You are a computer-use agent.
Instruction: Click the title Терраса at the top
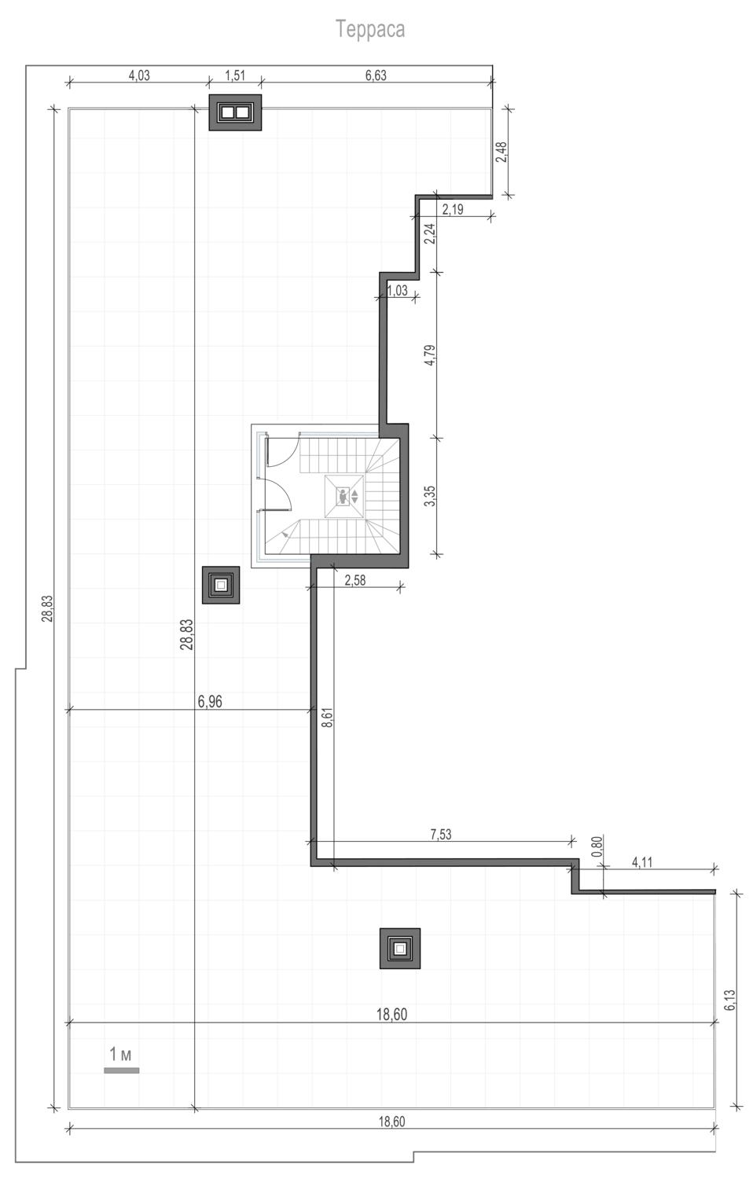(370, 29)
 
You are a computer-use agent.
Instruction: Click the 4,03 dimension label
(139, 75)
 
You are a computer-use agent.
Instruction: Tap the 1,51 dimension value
(235, 75)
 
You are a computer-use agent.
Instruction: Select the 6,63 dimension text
(376, 75)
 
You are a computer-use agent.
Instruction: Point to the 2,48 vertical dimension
(501, 152)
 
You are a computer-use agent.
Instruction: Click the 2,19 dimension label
(453, 210)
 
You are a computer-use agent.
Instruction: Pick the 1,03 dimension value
(397, 291)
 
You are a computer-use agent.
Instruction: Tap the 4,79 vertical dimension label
(430, 354)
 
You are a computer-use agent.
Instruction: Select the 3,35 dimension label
(430, 496)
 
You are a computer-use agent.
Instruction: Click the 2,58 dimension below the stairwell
(354, 581)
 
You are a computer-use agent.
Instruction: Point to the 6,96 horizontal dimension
(210, 702)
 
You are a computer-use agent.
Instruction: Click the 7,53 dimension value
(441, 835)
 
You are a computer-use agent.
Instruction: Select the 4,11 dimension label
(642, 862)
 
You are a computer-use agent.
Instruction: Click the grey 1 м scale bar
(122, 1070)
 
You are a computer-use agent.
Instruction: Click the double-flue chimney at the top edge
(235, 112)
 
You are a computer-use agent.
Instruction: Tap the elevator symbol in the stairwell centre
(344, 496)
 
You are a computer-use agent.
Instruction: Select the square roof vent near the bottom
(400, 949)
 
